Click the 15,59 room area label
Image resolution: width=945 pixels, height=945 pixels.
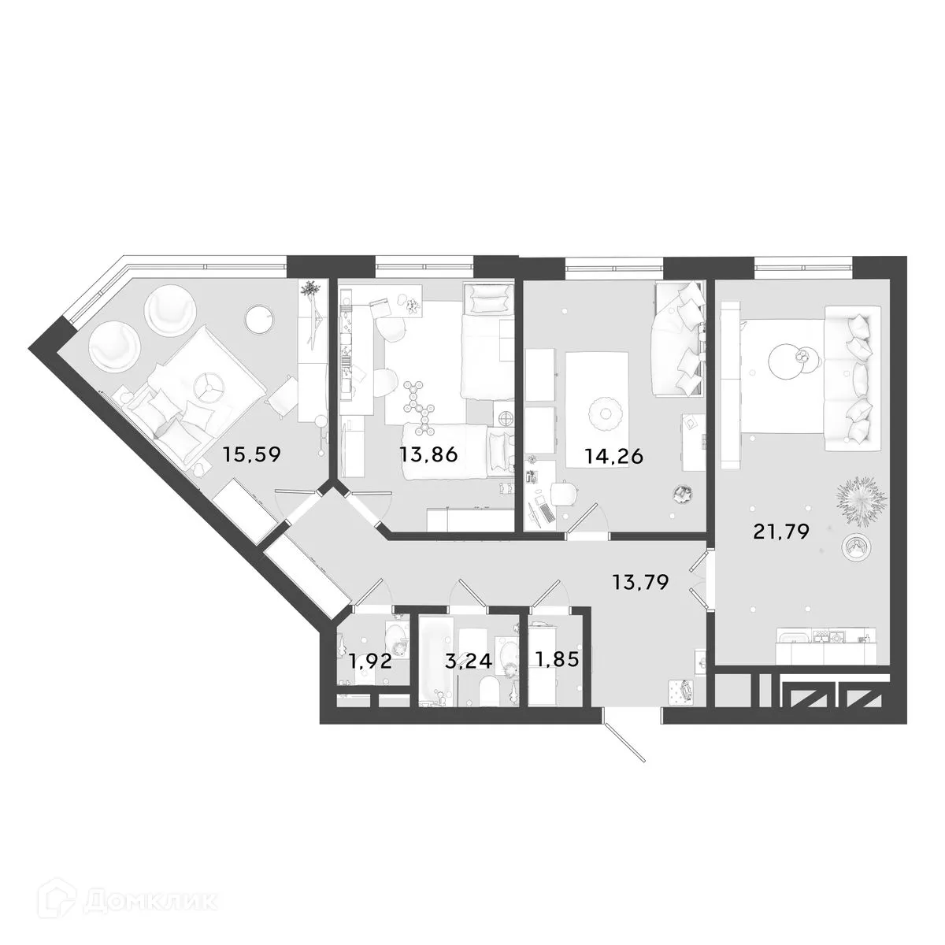click(251, 454)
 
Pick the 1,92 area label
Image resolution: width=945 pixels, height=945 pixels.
click(369, 661)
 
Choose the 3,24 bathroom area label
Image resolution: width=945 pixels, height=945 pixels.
click(469, 661)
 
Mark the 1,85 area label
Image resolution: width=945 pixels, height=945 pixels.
click(556, 658)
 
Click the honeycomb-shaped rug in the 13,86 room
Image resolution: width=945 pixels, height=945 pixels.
click(417, 406)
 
